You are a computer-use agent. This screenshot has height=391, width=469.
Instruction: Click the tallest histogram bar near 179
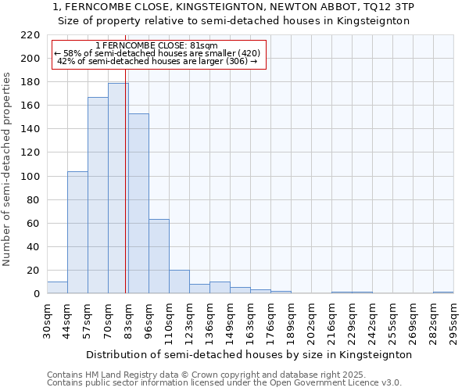point(118,188)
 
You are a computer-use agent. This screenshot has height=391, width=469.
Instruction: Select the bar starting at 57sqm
point(98,195)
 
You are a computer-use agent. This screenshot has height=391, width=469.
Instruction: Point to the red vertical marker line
point(126,180)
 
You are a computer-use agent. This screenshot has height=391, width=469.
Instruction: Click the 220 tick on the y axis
point(30,35)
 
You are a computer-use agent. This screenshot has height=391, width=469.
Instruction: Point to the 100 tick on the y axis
point(30,177)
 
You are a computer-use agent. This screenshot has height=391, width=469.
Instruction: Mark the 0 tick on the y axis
point(37,294)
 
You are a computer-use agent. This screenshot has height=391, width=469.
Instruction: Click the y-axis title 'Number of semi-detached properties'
point(8,169)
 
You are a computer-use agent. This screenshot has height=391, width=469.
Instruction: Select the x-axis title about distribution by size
point(249,354)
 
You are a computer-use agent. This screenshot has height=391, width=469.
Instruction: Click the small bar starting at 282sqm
point(443,292)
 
